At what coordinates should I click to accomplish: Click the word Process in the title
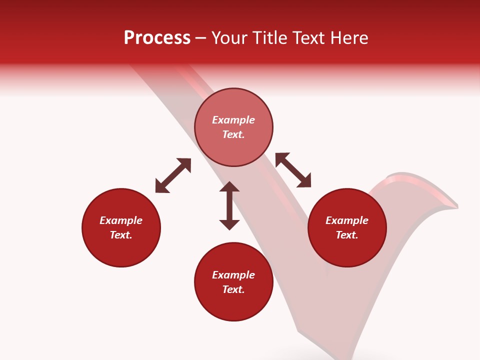(x=157, y=38)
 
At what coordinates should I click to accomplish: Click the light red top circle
(x=233, y=127)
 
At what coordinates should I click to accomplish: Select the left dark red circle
(x=121, y=227)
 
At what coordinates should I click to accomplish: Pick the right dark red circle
(x=347, y=227)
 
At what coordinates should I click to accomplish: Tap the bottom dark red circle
(x=233, y=282)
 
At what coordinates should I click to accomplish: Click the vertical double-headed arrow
(x=229, y=205)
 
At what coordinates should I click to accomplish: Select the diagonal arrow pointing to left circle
(x=173, y=175)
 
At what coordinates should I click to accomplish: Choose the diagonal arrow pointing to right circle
(x=293, y=170)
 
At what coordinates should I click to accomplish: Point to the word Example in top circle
(x=233, y=120)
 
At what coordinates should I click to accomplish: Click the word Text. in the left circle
(x=121, y=235)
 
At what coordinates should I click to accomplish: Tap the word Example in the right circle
(x=347, y=220)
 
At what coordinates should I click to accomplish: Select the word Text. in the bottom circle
(x=233, y=289)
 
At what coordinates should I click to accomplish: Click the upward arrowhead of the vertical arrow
(x=229, y=187)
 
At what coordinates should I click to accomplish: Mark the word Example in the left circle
(x=121, y=220)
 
